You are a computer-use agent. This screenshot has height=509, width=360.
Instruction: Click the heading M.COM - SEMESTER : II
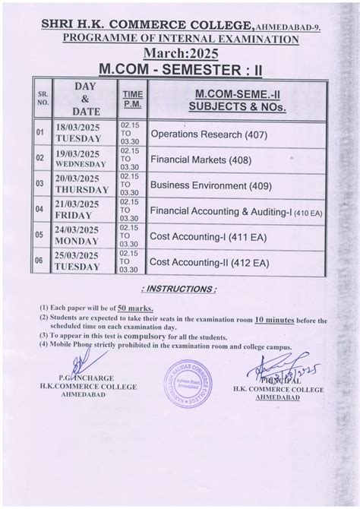[x=180, y=68]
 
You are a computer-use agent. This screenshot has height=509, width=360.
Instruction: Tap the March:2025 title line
[x=180, y=52]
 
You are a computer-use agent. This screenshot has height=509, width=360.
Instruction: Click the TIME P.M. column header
[x=132, y=99]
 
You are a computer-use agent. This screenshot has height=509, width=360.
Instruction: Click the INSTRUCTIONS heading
[x=179, y=289]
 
